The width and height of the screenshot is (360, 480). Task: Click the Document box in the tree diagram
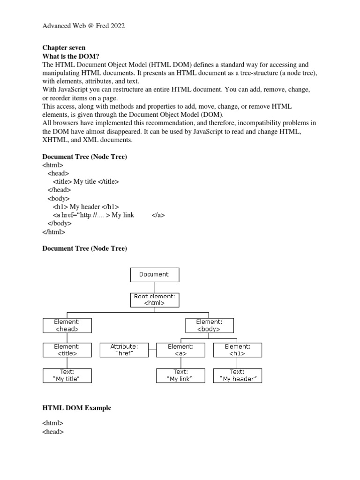[x=154, y=275]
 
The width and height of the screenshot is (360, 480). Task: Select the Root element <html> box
[x=154, y=300]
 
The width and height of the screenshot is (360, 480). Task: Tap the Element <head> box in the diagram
[x=67, y=325]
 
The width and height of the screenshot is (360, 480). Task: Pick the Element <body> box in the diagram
[x=210, y=325]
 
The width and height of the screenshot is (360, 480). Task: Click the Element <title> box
[x=67, y=350]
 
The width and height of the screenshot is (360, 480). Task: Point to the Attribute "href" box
[x=124, y=350]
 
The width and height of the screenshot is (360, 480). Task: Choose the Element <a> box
[x=180, y=350]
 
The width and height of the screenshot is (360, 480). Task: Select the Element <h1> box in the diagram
[x=238, y=350]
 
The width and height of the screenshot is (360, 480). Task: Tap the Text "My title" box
[x=67, y=375]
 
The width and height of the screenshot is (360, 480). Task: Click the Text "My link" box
[x=180, y=375]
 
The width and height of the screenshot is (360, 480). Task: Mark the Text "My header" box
[x=238, y=375]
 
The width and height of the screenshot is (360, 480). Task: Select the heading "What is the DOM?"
[x=71, y=56]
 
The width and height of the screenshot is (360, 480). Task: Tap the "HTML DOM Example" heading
[x=77, y=408]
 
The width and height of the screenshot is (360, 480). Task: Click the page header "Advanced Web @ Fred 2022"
[x=83, y=26]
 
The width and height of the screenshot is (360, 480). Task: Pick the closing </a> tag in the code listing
[x=158, y=215]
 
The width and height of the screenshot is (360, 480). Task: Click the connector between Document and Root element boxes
[x=154, y=287]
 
